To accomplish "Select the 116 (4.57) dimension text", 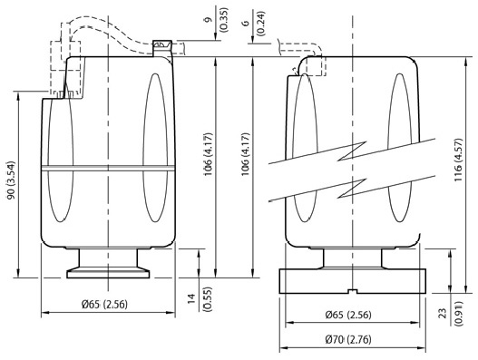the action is tap(458, 160).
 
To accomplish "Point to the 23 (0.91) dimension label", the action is tap(451, 314).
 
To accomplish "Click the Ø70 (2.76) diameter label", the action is tap(348, 339).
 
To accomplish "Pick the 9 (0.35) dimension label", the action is tap(217, 20).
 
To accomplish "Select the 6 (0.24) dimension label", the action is tap(255, 23).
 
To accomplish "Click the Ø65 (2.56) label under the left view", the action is tap(104, 304).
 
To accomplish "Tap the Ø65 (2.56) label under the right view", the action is tap(348, 315).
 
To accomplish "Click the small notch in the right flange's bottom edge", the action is tap(353, 291).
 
